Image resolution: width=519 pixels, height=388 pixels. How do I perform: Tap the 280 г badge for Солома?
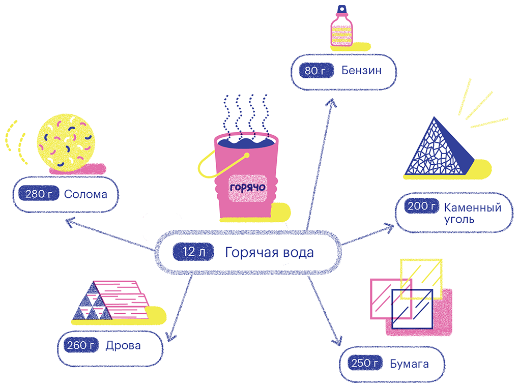(x=36, y=194)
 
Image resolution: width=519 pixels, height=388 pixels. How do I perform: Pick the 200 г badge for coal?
(x=421, y=207)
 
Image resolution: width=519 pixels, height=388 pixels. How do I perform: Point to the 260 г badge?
(x=79, y=346)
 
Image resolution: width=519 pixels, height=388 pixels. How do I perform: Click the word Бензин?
(x=361, y=70)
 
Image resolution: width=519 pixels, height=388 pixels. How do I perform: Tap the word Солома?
(x=85, y=194)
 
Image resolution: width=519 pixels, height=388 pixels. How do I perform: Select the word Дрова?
(x=123, y=346)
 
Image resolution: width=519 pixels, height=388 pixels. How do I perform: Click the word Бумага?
(x=409, y=364)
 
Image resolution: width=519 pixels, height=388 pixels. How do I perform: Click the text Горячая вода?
(x=269, y=252)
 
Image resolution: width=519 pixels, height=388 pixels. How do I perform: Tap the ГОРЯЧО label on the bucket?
(x=248, y=187)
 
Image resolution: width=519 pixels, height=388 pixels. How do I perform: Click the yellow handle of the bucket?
(x=207, y=164)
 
